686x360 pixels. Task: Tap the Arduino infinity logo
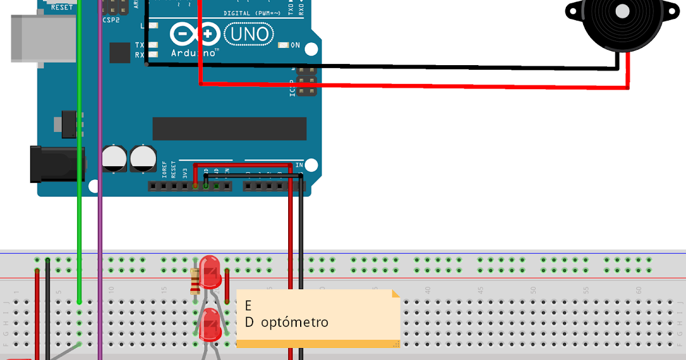(194, 34)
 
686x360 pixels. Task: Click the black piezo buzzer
(614, 23)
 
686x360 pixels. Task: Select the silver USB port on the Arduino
(42, 38)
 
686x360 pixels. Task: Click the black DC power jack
(57, 164)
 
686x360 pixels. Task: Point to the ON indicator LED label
(295, 45)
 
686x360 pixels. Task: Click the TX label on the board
(139, 45)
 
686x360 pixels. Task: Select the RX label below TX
(139, 55)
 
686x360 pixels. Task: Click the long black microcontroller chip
(229, 129)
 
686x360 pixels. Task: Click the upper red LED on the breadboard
(210, 271)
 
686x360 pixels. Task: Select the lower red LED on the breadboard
(210, 325)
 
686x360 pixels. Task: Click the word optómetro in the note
(295, 322)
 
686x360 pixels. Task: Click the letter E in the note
(248, 305)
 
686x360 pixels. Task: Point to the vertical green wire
(79, 171)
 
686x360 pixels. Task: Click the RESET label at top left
(62, 7)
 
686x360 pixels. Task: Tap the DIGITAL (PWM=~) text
(252, 13)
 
